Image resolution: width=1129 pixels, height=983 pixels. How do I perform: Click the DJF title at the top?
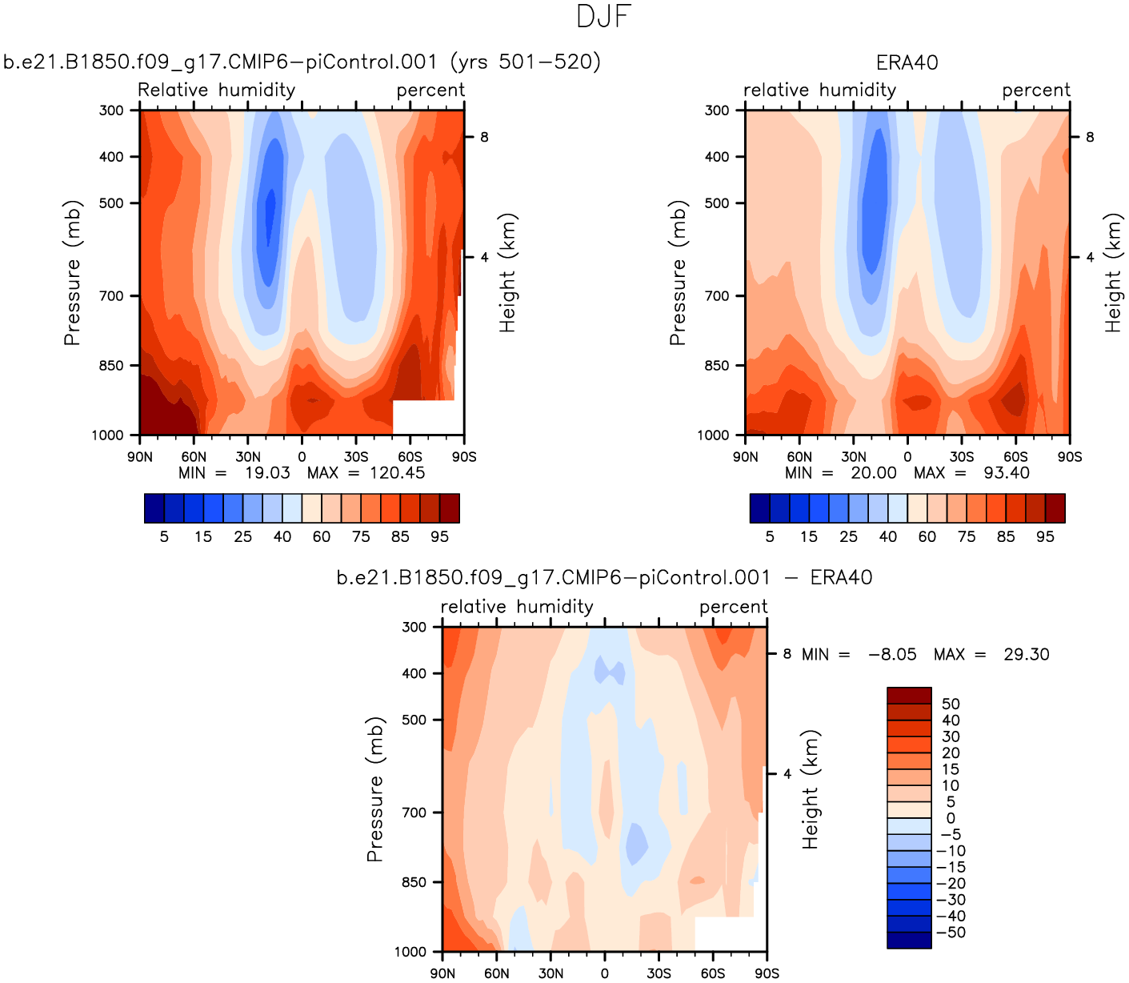point(604,17)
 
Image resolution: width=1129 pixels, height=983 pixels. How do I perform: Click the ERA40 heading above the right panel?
point(907,62)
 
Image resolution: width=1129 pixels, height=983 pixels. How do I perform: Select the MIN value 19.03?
point(267,473)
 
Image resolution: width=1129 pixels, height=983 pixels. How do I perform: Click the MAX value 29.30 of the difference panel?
point(1026,655)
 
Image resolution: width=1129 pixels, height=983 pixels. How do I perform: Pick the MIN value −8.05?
point(892,655)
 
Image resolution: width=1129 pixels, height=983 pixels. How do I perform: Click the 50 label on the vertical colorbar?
point(951,704)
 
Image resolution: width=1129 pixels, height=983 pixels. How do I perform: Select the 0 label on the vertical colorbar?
point(951,818)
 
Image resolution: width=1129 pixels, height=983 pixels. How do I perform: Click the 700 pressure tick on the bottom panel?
point(414,812)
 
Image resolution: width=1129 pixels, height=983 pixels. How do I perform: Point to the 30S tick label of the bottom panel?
point(659,973)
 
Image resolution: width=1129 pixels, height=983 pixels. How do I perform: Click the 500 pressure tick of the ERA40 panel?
point(716,203)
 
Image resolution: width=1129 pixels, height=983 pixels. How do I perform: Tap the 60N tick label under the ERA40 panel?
point(799,457)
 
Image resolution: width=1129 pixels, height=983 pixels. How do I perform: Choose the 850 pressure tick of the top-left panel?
point(111,366)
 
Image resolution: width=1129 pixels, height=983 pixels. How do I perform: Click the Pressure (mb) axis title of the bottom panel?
point(374,789)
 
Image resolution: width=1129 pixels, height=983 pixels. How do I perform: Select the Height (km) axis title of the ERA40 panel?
point(1113,273)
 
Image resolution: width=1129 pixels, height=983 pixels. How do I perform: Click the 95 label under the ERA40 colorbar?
point(1045,537)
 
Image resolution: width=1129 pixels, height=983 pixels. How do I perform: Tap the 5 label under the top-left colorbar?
point(164,537)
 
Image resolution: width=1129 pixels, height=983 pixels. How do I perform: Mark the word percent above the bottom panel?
point(733,607)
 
